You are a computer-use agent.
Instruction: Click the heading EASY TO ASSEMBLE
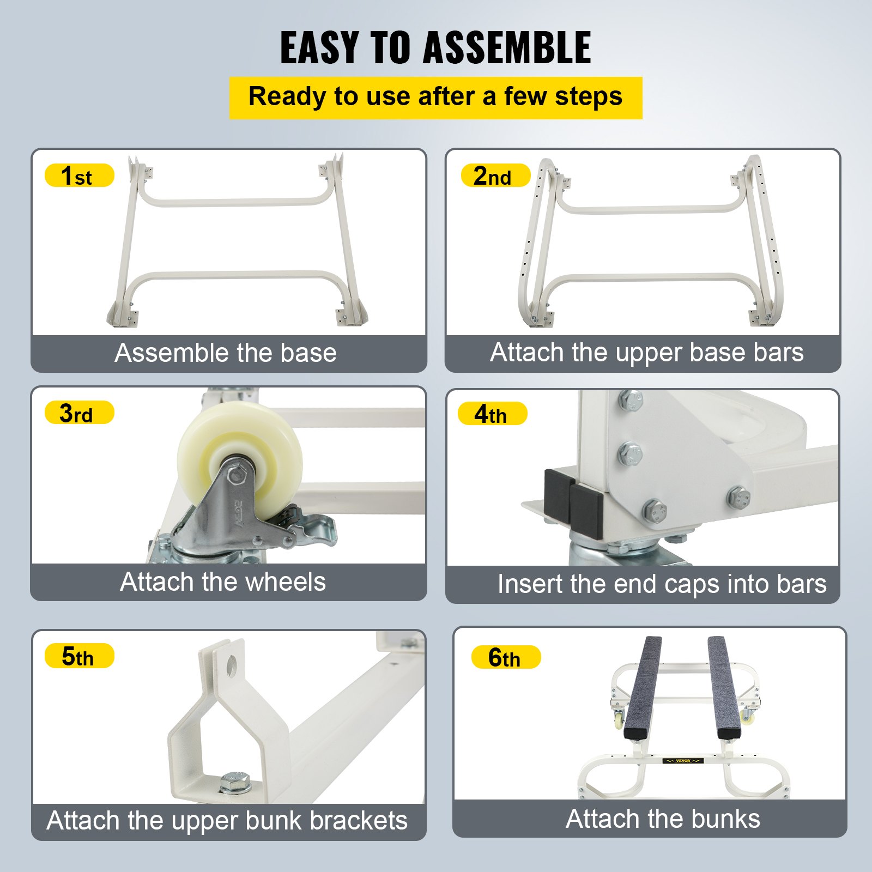(x=435, y=48)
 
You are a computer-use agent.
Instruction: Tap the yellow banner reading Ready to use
(x=435, y=98)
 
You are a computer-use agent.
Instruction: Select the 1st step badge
(x=79, y=175)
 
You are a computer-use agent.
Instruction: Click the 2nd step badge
(x=495, y=175)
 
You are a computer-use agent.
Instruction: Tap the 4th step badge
(x=492, y=414)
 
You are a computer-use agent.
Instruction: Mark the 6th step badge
(x=505, y=657)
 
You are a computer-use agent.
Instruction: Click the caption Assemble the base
(x=226, y=353)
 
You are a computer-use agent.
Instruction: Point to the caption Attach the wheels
(x=223, y=582)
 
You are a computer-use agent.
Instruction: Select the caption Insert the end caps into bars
(x=662, y=584)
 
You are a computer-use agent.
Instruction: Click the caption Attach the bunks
(x=663, y=819)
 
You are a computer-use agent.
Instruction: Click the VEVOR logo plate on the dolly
(x=683, y=761)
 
